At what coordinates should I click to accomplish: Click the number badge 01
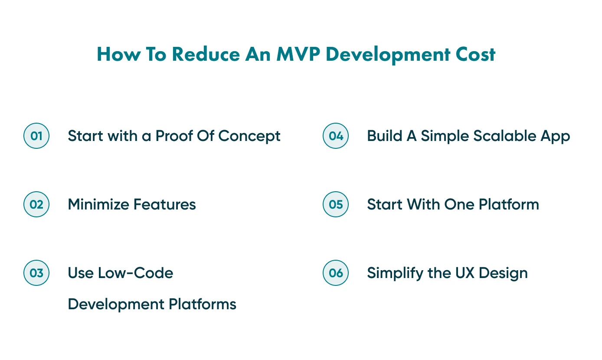pyautogui.click(x=36, y=136)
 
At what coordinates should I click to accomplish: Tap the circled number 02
pyautogui.click(x=36, y=204)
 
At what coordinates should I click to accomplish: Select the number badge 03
pyautogui.click(x=36, y=273)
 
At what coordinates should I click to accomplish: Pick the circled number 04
pyautogui.click(x=336, y=136)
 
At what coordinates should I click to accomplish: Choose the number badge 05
pyautogui.click(x=336, y=204)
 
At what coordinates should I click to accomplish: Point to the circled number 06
pyautogui.click(x=336, y=273)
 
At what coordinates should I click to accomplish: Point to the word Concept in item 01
pyautogui.click(x=249, y=136)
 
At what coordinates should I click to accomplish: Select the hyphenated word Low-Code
pyautogui.click(x=135, y=273)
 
